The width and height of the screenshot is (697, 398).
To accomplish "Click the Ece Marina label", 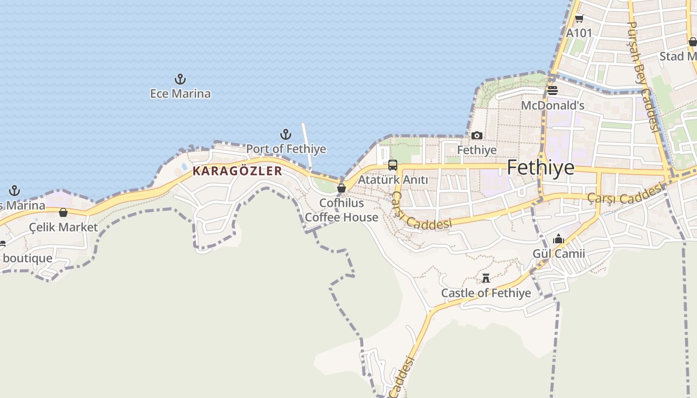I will tap(180, 94).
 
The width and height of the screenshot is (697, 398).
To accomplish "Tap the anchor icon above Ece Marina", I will tap(180, 79).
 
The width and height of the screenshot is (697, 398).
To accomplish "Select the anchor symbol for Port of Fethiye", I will tap(286, 134).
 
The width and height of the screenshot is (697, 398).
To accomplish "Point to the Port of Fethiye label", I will tap(286, 149).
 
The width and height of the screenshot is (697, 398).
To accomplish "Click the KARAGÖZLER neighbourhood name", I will tap(237, 171).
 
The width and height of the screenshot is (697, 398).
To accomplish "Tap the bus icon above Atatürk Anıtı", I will tap(393, 165).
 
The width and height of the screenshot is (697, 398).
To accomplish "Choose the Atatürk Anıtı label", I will tap(393, 180).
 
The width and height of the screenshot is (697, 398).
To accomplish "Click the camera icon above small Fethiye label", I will tap(477, 135).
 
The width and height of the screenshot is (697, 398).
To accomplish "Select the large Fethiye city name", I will tap(541, 168).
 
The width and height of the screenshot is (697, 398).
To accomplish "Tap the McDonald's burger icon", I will tap(553, 91).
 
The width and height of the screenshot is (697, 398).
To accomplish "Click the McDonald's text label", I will tap(553, 105).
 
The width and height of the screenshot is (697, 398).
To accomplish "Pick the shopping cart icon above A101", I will tap(579, 19).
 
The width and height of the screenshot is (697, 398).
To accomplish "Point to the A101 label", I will tap(580, 33).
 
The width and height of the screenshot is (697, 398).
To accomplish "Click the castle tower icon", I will tap(486, 278).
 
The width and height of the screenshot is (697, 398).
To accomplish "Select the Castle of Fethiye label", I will tap(486, 293).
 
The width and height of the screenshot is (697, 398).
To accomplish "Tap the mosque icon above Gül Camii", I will tap(559, 239).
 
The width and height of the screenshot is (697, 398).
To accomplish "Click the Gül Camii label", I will tap(559, 254).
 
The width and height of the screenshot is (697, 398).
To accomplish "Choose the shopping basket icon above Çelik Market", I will tap(63, 213).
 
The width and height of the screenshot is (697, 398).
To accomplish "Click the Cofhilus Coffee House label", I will tap(342, 210).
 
